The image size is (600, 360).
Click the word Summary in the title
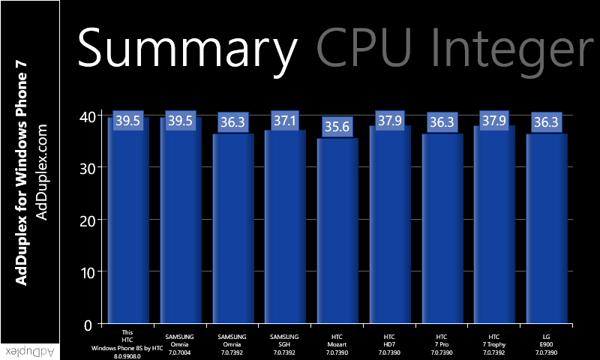187,48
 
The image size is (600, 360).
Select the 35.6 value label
337,127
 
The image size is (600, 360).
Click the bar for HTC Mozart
337,232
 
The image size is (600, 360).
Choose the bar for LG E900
546,232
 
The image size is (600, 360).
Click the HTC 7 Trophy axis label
493,344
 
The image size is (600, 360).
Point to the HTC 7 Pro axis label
442,344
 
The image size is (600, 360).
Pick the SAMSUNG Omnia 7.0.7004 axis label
179,344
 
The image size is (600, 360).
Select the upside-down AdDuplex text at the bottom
29,350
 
